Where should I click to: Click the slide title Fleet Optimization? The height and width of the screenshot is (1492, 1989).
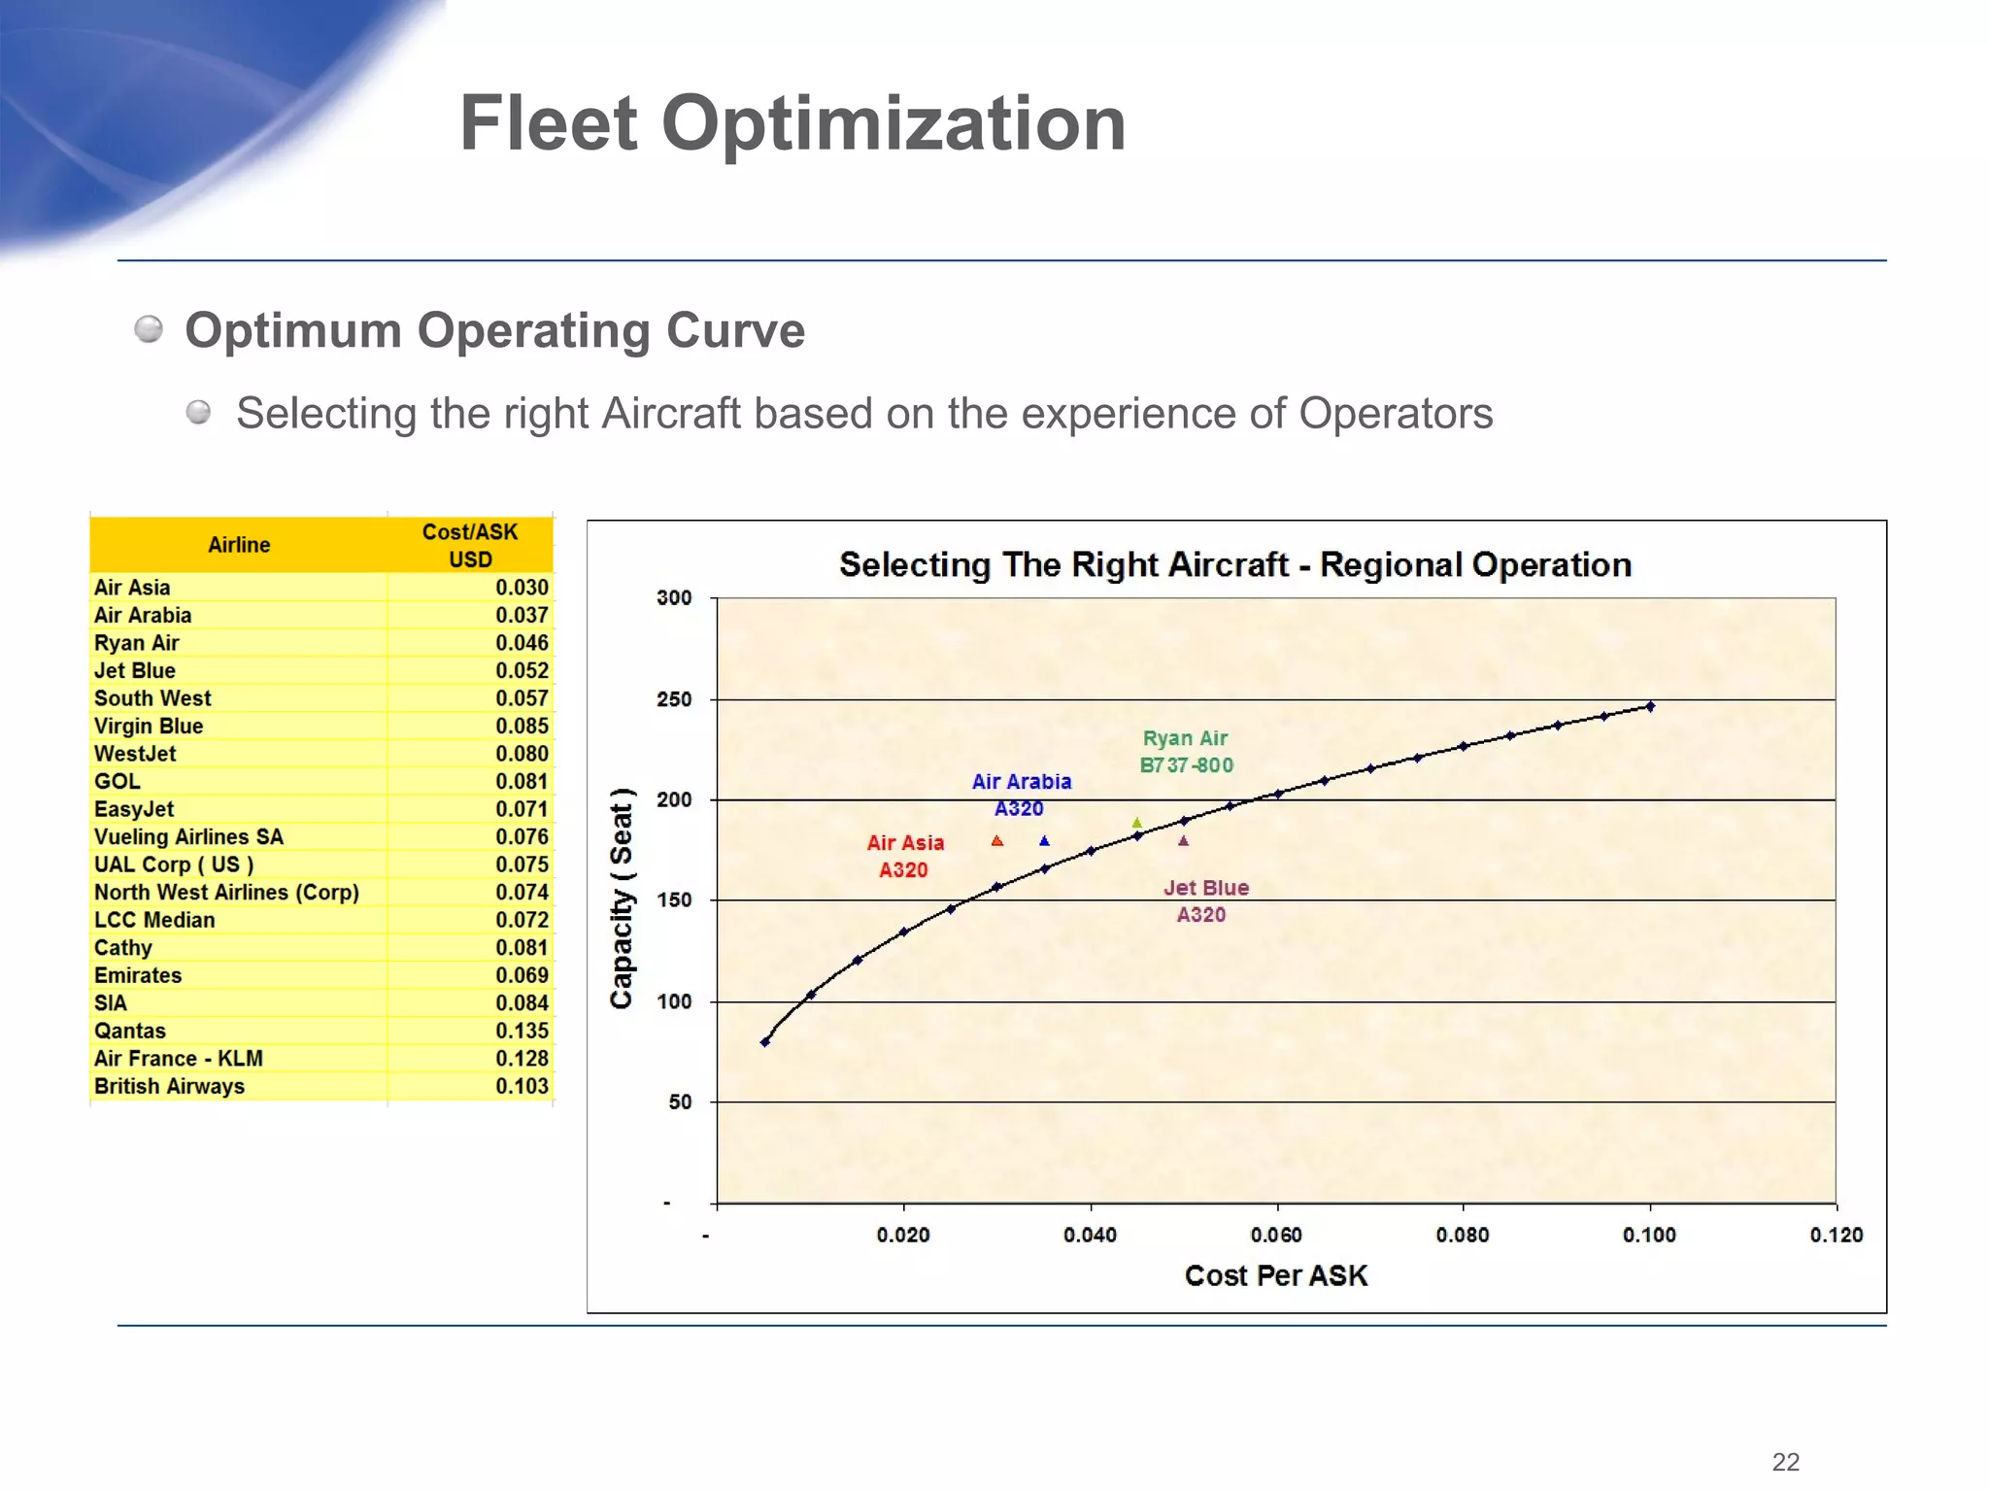pyautogui.click(x=792, y=123)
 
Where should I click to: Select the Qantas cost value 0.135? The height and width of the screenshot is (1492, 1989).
pyautogui.click(x=522, y=1031)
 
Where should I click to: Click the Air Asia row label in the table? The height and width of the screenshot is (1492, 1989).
pyautogui.click(x=132, y=588)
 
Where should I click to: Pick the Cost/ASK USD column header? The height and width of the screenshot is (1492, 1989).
pyautogui.click(x=470, y=545)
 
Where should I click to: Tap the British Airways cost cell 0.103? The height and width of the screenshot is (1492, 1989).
pyautogui.click(x=522, y=1086)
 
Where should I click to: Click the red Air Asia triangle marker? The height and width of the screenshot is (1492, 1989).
pyautogui.click(x=997, y=841)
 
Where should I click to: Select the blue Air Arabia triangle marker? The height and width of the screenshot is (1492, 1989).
pyautogui.click(x=1044, y=841)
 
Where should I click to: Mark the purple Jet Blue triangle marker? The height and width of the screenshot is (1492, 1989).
pyautogui.click(x=1183, y=841)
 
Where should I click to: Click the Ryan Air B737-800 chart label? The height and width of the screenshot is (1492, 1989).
pyautogui.click(x=1186, y=752)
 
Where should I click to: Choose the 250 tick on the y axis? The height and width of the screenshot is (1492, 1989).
pyautogui.click(x=674, y=699)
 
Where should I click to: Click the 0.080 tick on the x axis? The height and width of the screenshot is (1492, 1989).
pyautogui.click(x=1463, y=1235)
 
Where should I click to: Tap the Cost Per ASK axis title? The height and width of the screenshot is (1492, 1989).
pyautogui.click(x=1275, y=1275)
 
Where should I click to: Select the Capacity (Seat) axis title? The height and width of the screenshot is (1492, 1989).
pyautogui.click(x=622, y=899)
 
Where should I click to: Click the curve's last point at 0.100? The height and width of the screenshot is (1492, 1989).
pyautogui.click(x=1650, y=706)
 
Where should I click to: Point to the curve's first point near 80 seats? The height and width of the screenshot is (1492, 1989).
pyautogui.click(x=765, y=1041)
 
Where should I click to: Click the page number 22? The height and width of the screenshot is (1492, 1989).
pyautogui.click(x=1785, y=1462)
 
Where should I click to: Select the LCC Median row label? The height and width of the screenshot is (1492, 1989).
pyautogui.click(x=154, y=920)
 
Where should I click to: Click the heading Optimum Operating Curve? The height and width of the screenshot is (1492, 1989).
pyautogui.click(x=494, y=330)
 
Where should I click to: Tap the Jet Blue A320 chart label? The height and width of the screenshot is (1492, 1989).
pyautogui.click(x=1205, y=900)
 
